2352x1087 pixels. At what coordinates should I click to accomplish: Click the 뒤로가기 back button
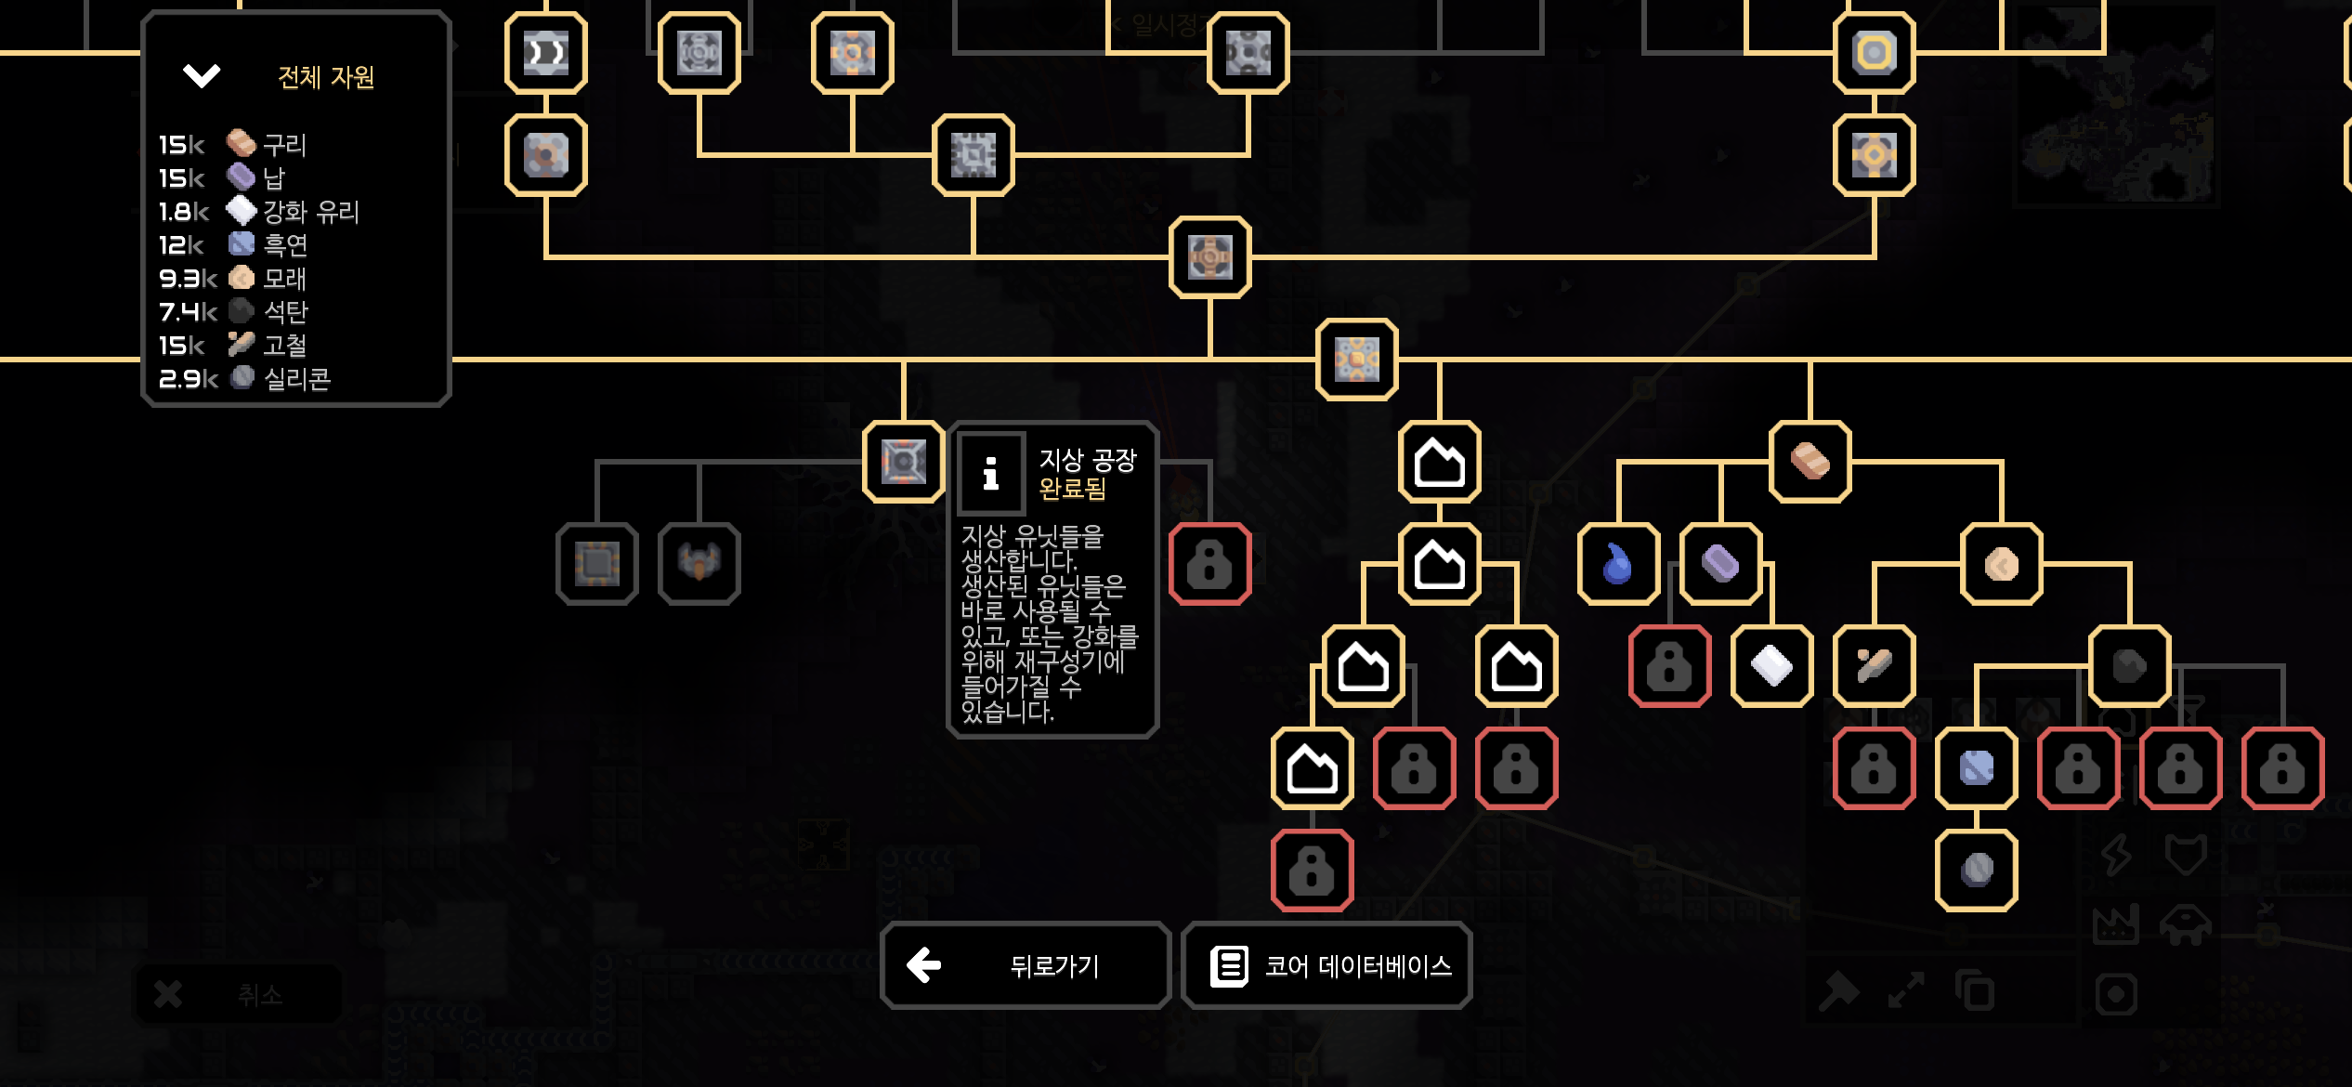[x=1025, y=966]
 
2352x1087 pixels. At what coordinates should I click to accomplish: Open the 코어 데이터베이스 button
[x=1326, y=966]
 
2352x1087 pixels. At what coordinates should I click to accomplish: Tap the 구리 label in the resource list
[x=284, y=145]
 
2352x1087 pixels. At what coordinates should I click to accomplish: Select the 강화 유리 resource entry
[x=310, y=212]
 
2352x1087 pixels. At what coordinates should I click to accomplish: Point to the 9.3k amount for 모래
[x=187, y=279]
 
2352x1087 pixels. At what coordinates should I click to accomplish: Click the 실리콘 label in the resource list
[x=297, y=379]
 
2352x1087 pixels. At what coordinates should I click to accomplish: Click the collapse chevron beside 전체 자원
[x=202, y=75]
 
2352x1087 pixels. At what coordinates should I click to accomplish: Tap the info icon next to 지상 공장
[x=991, y=474]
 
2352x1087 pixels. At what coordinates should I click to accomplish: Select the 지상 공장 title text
[x=1088, y=460]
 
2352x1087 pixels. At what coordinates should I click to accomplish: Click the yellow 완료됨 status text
[x=1072, y=489]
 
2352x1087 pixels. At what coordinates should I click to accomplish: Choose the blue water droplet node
[x=1618, y=564]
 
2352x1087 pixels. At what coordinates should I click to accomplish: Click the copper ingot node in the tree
[x=1810, y=462]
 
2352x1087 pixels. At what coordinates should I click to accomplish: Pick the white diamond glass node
[x=1771, y=666]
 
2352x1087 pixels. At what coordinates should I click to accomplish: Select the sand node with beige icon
[x=2001, y=564]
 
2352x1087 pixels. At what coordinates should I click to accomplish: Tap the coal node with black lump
[x=2129, y=666]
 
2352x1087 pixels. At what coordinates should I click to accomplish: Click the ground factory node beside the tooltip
[x=903, y=462]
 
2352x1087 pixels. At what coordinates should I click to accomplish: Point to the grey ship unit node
[x=699, y=564]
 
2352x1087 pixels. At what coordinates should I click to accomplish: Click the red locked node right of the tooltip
[x=1209, y=564]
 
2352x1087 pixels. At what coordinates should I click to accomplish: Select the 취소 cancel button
[x=239, y=994]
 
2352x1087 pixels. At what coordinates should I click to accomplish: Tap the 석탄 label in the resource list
[x=285, y=312]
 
